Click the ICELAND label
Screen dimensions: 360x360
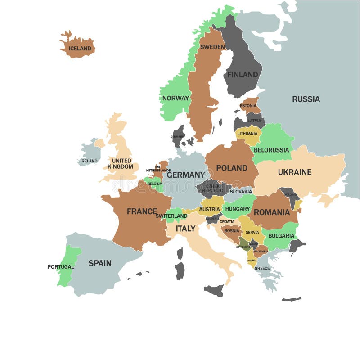80,49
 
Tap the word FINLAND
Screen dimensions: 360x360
243,75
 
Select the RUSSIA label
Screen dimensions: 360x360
306,99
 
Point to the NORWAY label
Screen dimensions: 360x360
175,98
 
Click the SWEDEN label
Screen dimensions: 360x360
212,47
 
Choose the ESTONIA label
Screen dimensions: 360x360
248,106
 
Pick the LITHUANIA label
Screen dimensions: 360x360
247,134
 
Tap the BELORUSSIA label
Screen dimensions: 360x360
271,150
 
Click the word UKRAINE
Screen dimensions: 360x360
294,172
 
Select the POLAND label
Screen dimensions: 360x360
232,168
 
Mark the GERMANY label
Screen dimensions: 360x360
185,175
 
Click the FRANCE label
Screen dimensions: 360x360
142,211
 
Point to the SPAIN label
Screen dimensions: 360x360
99,263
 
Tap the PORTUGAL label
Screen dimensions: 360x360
61,267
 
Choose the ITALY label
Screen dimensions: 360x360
185,229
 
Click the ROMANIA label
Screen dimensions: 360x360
271,212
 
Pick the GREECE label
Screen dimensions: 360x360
262,268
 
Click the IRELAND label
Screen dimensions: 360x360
89,161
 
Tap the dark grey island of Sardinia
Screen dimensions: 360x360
180,270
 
